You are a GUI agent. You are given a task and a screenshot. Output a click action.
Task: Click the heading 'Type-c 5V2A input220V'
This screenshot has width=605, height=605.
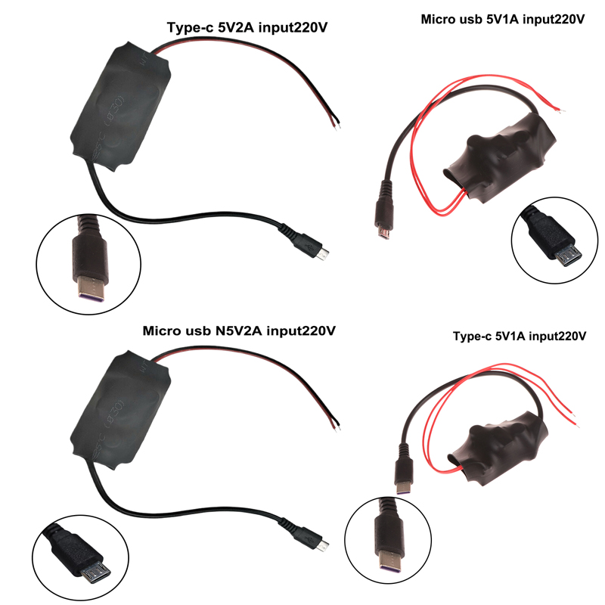pyautogui.click(x=247, y=28)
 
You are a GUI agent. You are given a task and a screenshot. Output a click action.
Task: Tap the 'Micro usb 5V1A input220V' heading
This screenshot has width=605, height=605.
pyautogui.click(x=503, y=19)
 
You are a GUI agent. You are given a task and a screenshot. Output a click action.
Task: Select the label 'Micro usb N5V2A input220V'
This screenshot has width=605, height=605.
pyautogui.click(x=239, y=330)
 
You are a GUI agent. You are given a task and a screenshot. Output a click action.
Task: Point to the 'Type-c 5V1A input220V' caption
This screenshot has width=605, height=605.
pyautogui.click(x=520, y=336)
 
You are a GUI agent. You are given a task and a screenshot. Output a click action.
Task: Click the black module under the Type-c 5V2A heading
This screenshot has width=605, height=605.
pyautogui.click(x=121, y=106)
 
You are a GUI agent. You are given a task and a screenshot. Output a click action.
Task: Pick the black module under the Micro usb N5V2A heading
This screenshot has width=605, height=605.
pyautogui.click(x=121, y=409)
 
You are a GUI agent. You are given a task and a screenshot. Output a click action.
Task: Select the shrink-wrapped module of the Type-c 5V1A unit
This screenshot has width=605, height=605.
pyautogui.click(x=498, y=448)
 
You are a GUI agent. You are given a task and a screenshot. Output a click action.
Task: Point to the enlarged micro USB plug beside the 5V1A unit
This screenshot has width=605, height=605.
pyautogui.click(x=552, y=237)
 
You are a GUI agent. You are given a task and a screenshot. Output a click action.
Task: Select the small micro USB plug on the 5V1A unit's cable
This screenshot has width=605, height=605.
pyautogui.click(x=384, y=213)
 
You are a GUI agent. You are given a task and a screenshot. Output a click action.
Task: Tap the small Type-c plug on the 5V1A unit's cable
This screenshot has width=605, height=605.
pyautogui.click(x=404, y=470)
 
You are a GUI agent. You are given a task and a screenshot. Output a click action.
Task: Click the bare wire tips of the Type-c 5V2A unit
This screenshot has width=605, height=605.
pyautogui.click(x=336, y=123)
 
